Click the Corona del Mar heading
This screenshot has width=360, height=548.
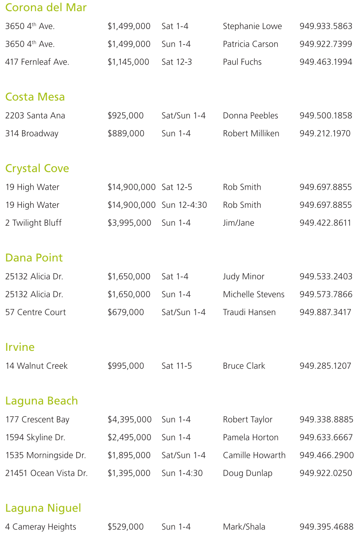(46, 7)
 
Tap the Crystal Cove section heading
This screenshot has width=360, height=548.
(37, 168)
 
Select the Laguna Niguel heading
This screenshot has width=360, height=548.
(43, 508)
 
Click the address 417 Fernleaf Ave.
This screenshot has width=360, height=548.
(37, 62)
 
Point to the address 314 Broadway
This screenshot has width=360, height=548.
(32, 134)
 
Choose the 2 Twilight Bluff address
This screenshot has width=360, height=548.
(33, 223)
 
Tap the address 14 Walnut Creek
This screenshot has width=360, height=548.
(36, 366)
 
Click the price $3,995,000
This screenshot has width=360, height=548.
(129, 223)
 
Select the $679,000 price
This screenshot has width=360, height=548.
(126, 312)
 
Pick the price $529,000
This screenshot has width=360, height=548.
(126, 527)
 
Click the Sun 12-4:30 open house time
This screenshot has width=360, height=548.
(184, 205)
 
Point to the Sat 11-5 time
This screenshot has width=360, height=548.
(177, 366)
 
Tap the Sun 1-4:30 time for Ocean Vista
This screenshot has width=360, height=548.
(182, 473)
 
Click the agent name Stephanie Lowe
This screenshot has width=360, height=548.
(252, 26)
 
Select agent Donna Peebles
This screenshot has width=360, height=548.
(250, 115)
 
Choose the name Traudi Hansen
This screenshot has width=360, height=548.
(249, 312)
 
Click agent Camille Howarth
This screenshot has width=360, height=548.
(254, 455)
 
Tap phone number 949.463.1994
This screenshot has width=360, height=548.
(326, 62)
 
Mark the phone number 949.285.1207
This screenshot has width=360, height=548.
(325, 366)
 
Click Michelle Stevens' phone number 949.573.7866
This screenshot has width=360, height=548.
(326, 294)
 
